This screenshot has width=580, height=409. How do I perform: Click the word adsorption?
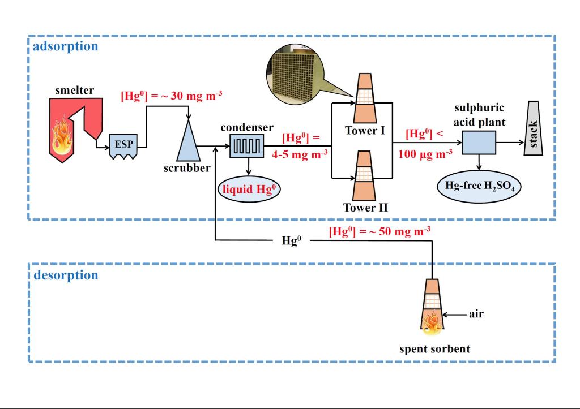pos(65,46)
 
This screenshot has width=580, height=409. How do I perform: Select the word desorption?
pos(65,275)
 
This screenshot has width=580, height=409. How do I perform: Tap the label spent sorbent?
pos(433,348)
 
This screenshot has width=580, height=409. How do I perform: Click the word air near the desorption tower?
pos(476,313)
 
